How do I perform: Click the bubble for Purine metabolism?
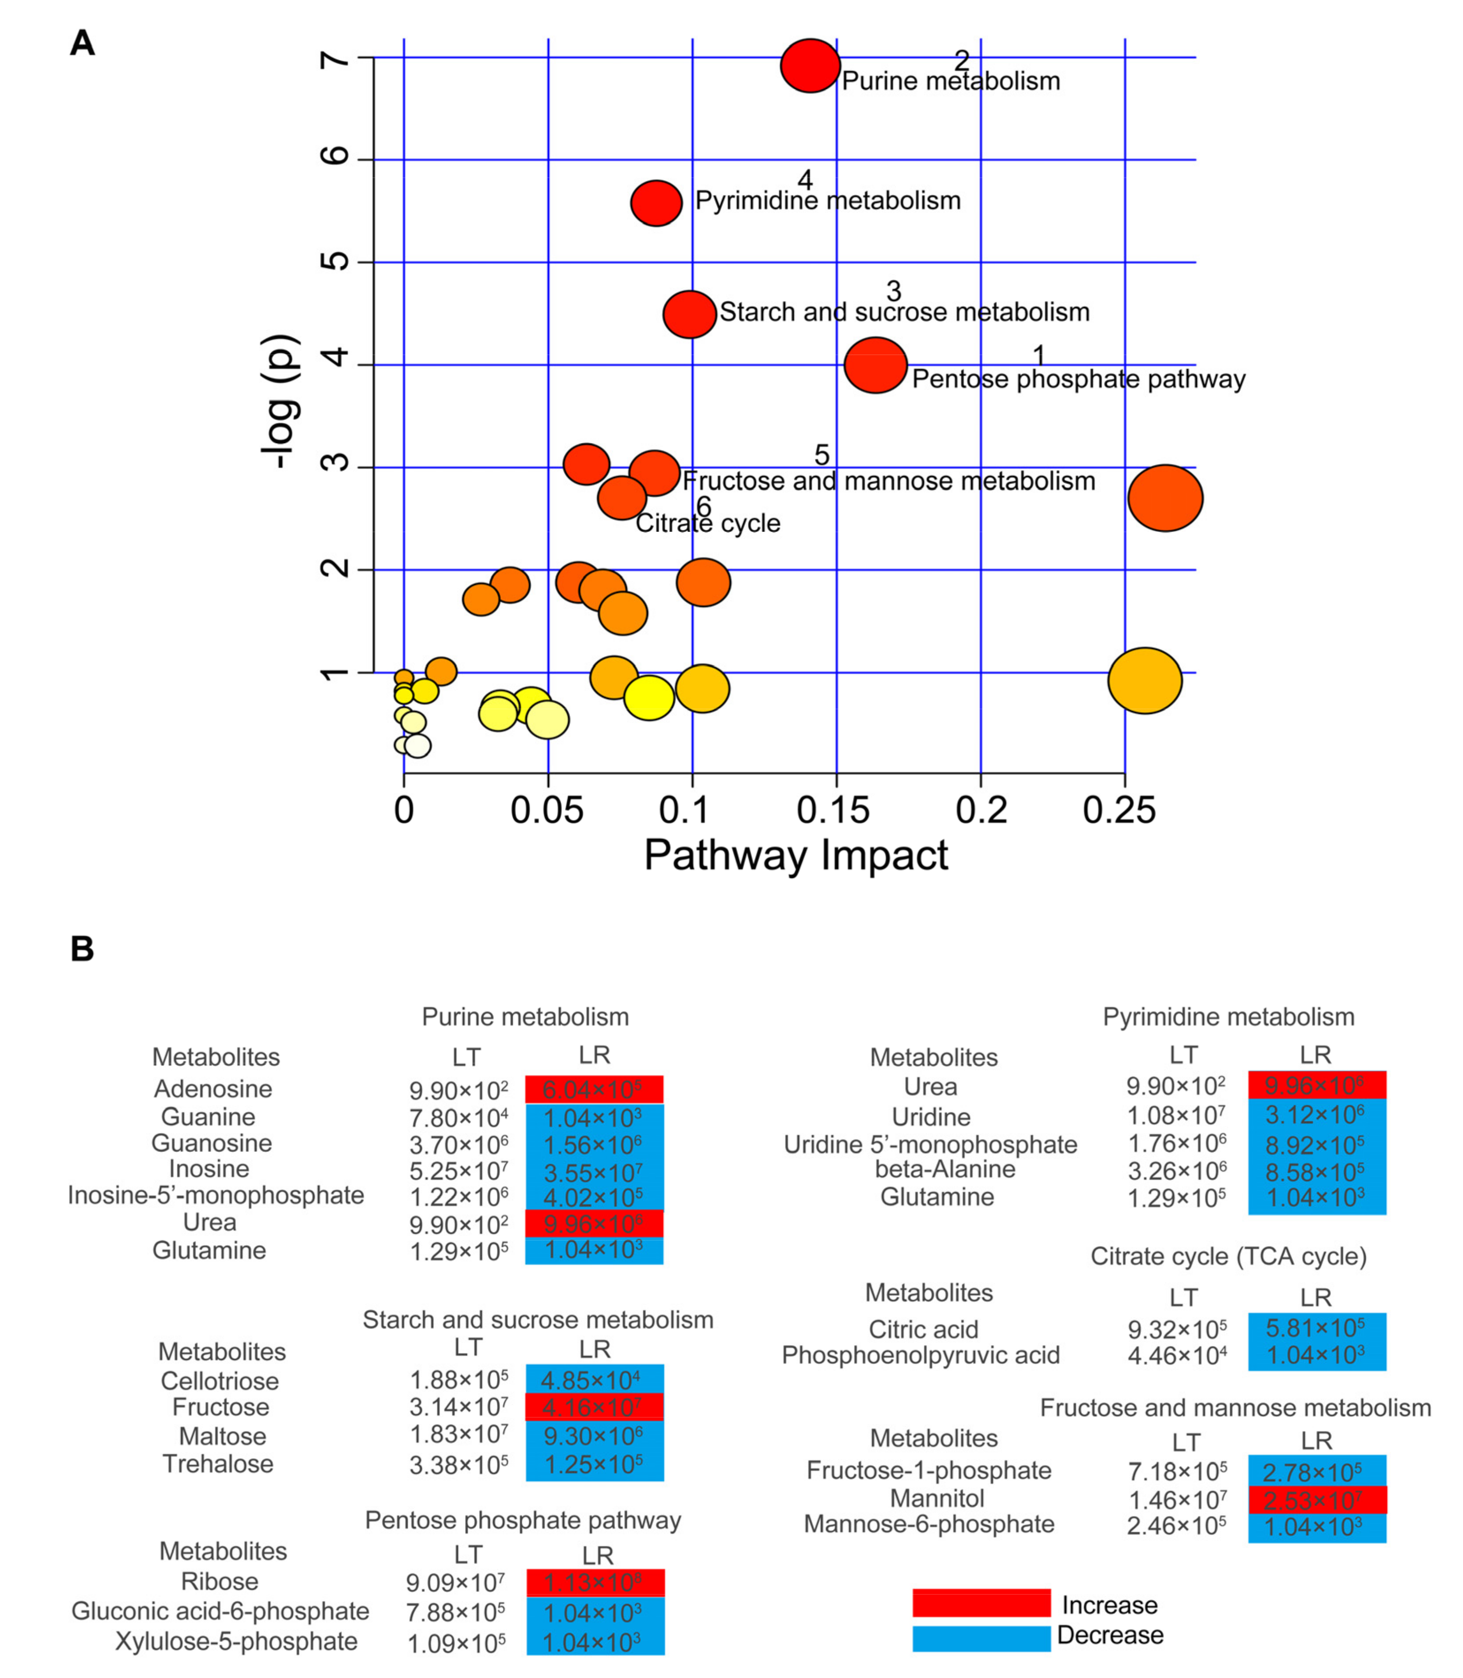[810, 66]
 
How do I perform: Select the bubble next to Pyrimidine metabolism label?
[656, 203]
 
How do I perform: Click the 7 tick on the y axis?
[335, 59]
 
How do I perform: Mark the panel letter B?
[83, 949]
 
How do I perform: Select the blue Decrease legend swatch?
[981, 1638]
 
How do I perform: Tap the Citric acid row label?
[923, 1330]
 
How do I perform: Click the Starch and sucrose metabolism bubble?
[690, 314]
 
